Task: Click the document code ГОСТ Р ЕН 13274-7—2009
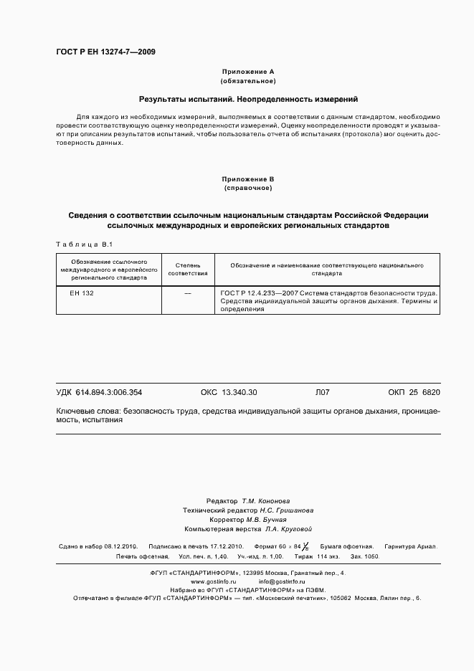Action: (x=105, y=52)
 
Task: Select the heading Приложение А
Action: (x=247, y=72)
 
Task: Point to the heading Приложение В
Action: (x=247, y=179)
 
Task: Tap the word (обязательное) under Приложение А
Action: (x=247, y=81)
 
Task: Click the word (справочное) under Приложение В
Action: (x=247, y=188)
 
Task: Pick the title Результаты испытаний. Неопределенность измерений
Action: (x=247, y=99)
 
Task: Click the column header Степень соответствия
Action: (x=188, y=269)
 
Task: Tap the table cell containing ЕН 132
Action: (x=82, y=294)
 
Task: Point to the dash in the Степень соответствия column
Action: (x=188, y=294)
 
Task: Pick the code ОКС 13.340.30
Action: (x=228, y=393)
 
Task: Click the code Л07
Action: (x=321, y=393)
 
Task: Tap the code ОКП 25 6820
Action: (x=414, y=393)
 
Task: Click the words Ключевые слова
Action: (x=87, y=411)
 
